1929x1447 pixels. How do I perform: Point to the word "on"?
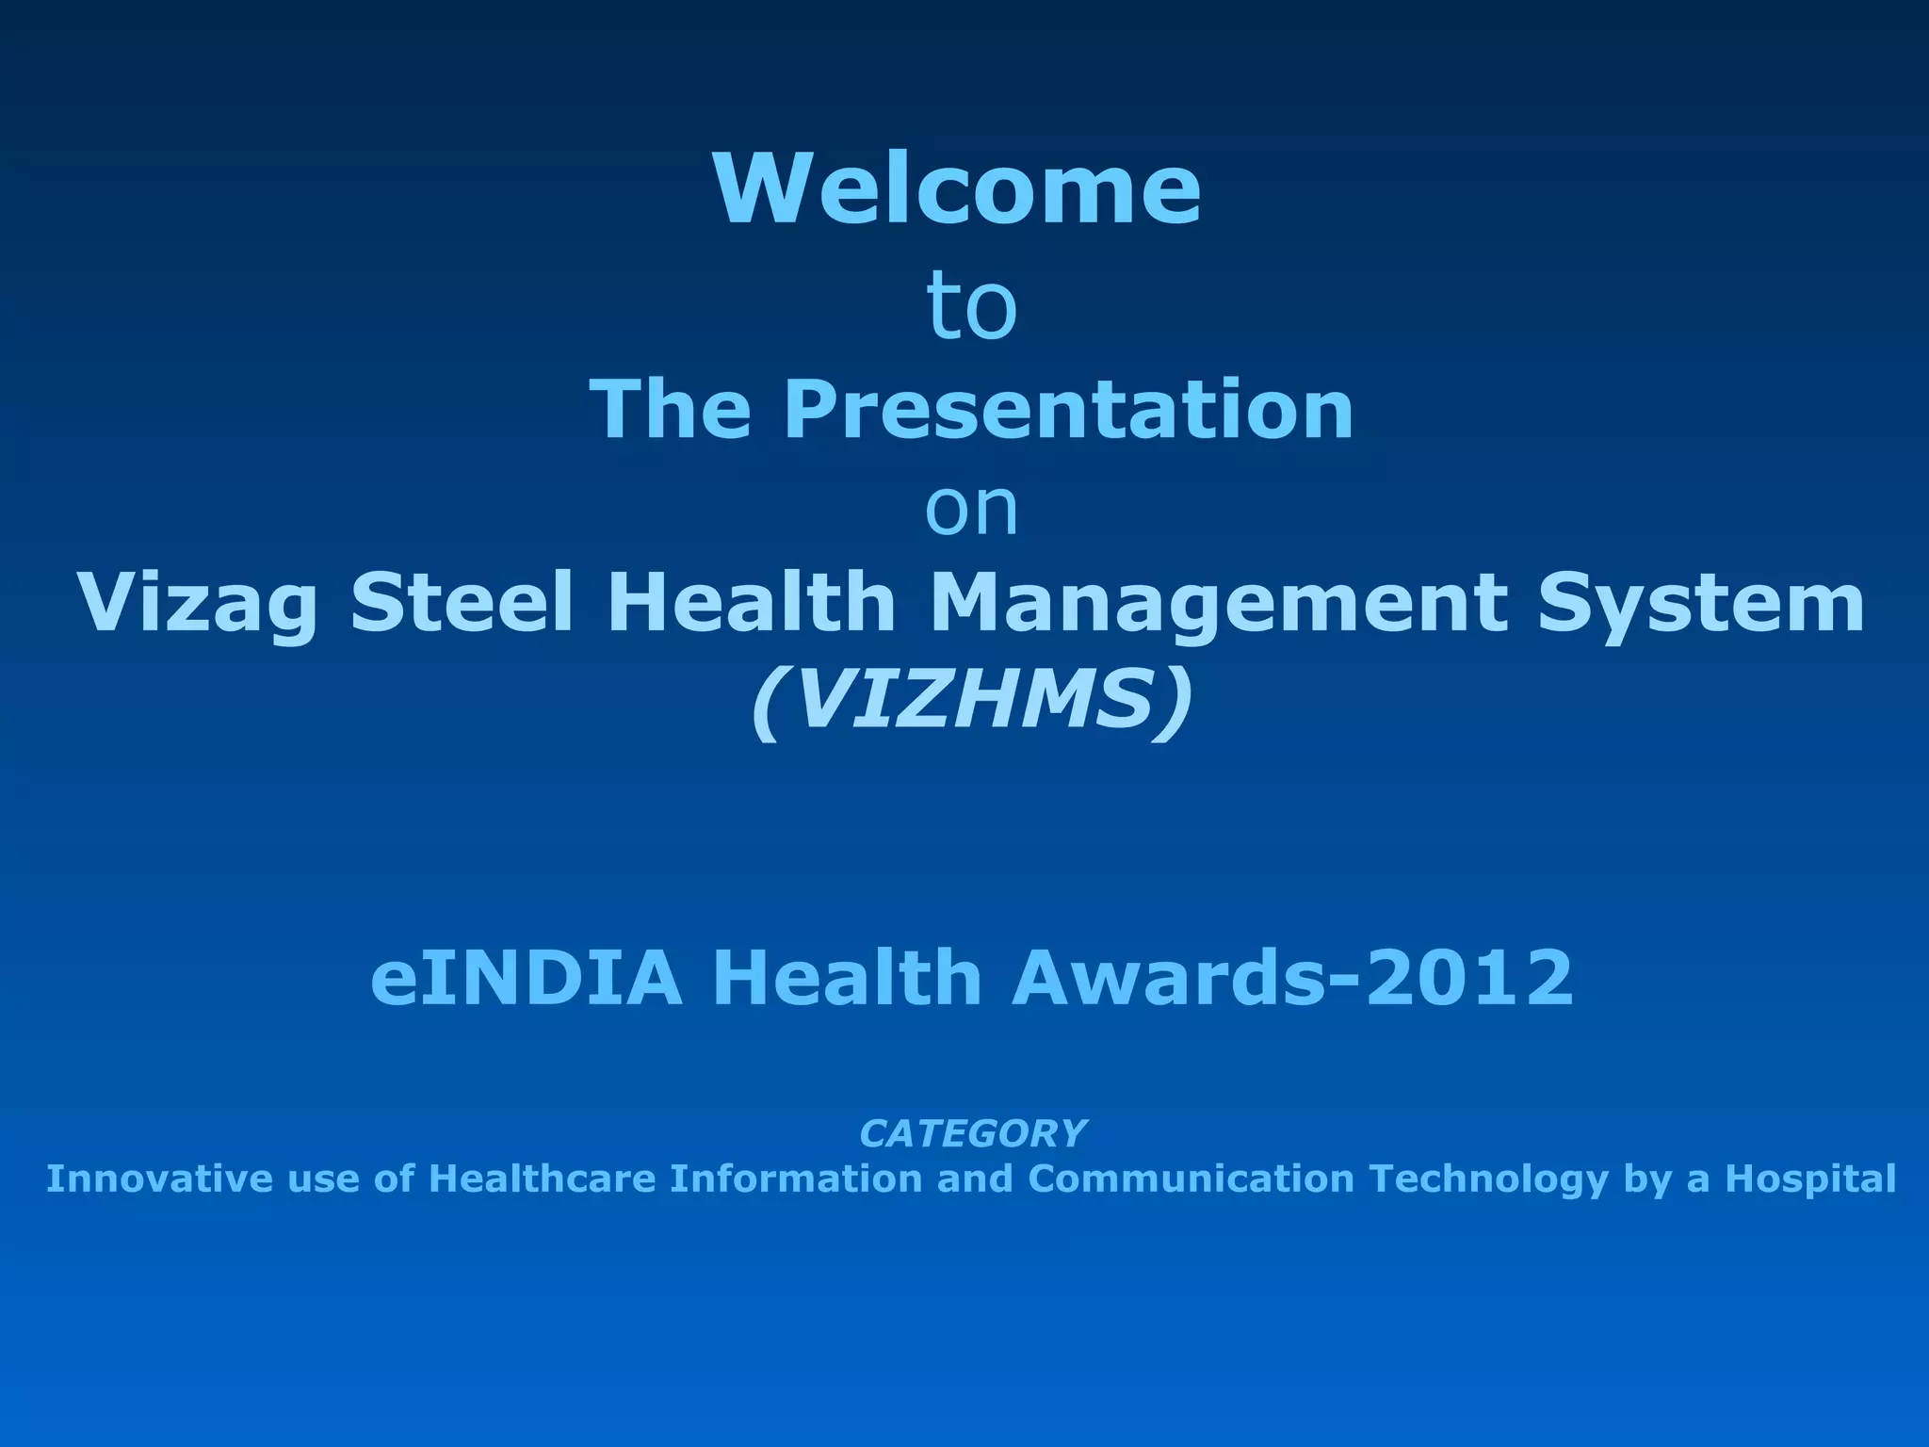tap(971, 510)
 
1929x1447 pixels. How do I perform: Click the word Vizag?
tap(197, 605)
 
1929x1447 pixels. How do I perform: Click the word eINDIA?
tap(526, 978)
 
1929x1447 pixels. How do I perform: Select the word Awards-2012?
tap(1291, 978)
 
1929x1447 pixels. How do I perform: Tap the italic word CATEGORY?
tap(972, 1133)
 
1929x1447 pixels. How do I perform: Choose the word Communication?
tap(1191, 1179)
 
